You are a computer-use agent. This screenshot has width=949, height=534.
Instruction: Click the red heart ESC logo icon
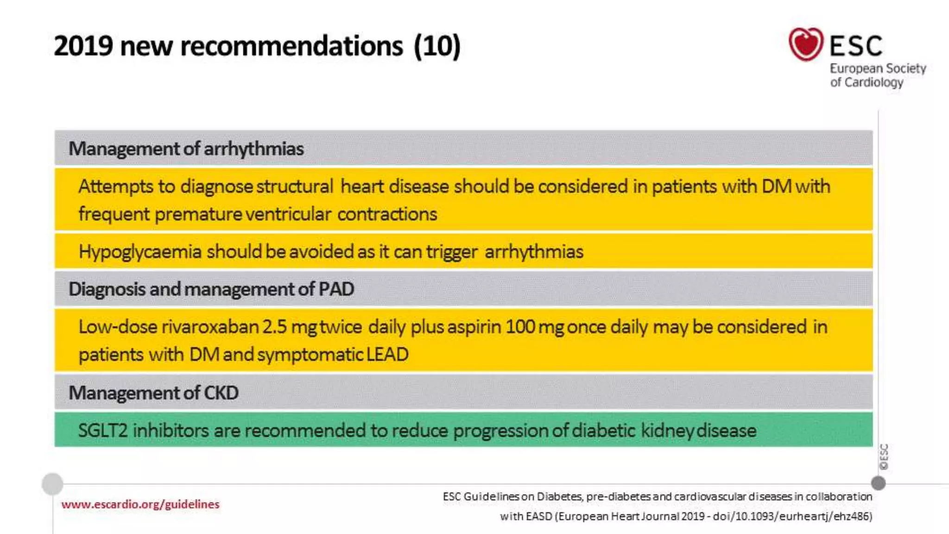[805, 44]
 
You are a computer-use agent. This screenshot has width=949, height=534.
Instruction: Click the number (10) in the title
[437, 46]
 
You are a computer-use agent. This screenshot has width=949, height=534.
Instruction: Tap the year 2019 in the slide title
[83, 46]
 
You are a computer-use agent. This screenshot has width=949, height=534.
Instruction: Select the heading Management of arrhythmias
[186, 149]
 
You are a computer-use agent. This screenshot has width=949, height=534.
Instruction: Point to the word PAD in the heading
[336, 289]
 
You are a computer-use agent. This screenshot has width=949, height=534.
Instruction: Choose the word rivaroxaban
[210, 327]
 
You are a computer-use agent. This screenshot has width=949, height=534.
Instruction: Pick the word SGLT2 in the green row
[102, 431]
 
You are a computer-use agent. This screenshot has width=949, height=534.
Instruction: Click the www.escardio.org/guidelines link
[140, 504]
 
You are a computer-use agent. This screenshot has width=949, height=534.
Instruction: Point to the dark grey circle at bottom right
[878, 483]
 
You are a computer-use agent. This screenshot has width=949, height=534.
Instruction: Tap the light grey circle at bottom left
[52, 484]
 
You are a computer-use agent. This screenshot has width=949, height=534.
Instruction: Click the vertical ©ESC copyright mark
[884, 457]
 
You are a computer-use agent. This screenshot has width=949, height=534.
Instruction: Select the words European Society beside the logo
[878, 69]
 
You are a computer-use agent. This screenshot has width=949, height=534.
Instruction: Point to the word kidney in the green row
[667, 431]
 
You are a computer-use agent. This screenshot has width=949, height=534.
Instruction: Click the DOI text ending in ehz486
[792, 516]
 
